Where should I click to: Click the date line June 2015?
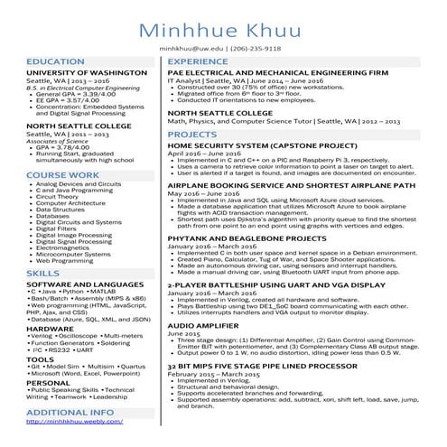tap(185, 332)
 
